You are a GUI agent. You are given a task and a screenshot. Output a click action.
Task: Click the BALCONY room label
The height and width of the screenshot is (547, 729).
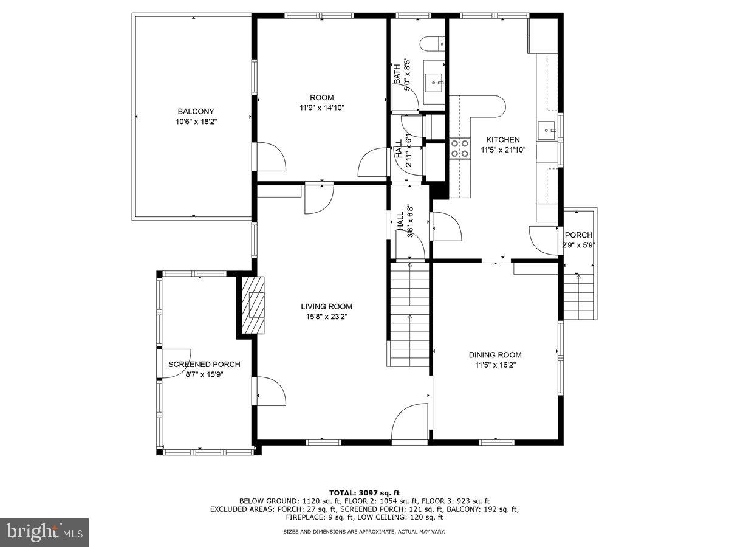[196, 111]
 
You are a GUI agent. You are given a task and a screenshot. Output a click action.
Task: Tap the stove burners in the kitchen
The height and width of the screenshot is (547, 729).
[460, 148]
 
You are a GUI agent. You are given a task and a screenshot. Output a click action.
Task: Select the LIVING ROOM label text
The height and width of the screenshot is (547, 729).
[326, 306]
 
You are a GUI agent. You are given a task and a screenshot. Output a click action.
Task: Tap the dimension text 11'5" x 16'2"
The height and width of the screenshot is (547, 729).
[495, 365]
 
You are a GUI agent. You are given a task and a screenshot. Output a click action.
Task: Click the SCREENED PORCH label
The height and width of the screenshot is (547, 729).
[204, 364]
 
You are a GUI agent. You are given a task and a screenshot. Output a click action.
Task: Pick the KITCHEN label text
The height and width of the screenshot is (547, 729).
[502, 139]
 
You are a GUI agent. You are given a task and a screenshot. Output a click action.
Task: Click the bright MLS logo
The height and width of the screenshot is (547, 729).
[44, 532]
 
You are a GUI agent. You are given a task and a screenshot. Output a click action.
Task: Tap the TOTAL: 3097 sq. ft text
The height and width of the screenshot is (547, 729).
[364, 492]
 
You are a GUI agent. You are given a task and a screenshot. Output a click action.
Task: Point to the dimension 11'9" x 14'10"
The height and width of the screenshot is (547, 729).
[322, 108]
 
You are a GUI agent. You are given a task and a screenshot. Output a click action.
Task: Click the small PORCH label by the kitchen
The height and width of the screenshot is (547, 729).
[578, 235]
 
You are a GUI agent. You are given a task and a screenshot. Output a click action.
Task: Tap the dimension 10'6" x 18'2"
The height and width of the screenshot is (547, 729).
[196, 122]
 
